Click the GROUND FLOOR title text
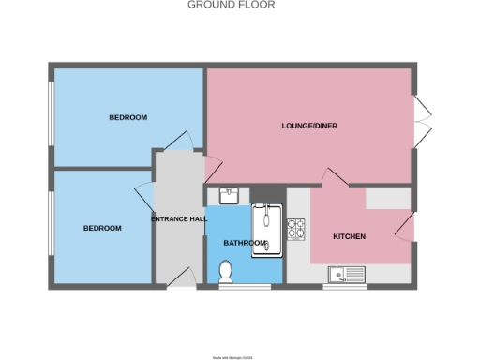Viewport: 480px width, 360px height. pyautogui.click(x=218, y=5)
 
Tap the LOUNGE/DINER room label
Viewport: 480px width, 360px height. pyautogui.click(x=309, y=126)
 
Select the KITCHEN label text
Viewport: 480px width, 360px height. pyautogui.click(x=350, y=236)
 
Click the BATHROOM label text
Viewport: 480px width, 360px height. pyautogui.click(x=243, y=242)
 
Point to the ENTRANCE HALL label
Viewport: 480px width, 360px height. pyautogui.click(x=179, y=218)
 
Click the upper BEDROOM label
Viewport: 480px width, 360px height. pyautogui.click(x=127, y=117)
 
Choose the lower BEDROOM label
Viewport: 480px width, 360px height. pyautogui.click(x=102, y=228)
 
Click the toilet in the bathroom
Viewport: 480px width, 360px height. pyautogui.click(x=224, y=271)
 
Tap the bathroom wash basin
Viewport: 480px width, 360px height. pyautogui.click(x=231, y=196)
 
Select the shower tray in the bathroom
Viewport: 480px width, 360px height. pyautogui.click(x=268, y=229)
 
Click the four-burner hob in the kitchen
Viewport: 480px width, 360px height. pyautogui.click(x=297, y=229)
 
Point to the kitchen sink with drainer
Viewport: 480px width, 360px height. pyautogui.click(x=347, y=274)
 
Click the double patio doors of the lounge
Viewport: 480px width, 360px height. pyautogui.click(x=422, y=117)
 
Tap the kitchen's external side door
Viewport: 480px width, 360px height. pyautogui.click(x=406, y=227)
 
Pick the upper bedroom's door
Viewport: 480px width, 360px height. pyautogui.click(x=177, y=140)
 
